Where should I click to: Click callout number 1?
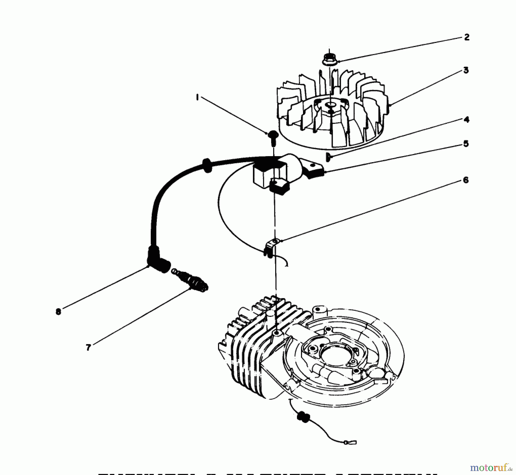[x=197, y=97]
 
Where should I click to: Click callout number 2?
[x=467, y=37]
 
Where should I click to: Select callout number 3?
[x=466, y=70]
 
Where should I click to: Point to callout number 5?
[x=466, y=143]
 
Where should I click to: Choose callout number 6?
[x=466, y=180]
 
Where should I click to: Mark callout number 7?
[x=88, y=347]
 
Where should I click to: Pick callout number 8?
[x=58, y=312]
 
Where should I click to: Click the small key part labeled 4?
[x=328, y=157]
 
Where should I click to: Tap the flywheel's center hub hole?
[x=330, y=105]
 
